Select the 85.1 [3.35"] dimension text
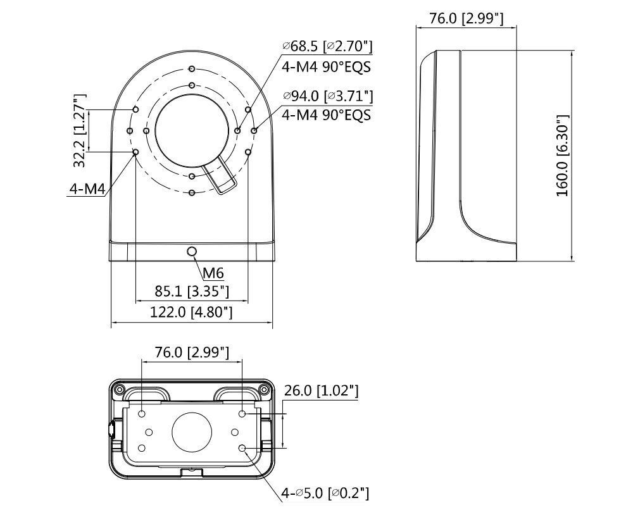192,292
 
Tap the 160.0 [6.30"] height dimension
563,156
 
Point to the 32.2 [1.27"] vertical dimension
80,130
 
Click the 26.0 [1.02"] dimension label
321,391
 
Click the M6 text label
213,273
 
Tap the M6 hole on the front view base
192,252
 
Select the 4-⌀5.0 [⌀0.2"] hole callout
325,492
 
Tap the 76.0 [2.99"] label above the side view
467,18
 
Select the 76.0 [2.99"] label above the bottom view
192,352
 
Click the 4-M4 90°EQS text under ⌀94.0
326,115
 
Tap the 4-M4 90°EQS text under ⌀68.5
326,66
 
